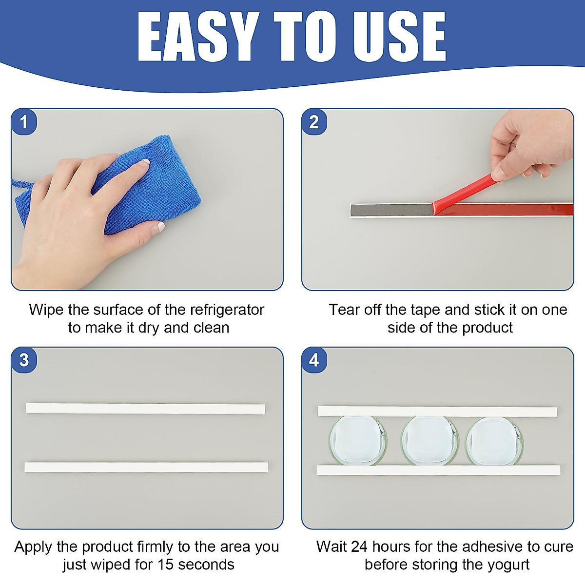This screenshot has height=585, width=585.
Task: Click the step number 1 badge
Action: (23, 122)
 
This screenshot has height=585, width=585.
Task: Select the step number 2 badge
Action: (314, 122)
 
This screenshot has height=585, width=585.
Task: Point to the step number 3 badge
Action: (23, 360)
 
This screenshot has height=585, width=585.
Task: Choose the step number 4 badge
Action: (314, 360)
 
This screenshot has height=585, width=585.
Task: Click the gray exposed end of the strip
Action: (390, 211)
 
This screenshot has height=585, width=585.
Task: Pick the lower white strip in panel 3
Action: (146, 467)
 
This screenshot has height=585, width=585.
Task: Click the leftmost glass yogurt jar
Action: (357, 441)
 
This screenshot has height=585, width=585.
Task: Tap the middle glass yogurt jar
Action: (429, 441)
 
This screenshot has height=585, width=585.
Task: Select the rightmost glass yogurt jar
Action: (494, 441)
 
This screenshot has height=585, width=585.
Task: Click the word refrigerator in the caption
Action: (227, 310)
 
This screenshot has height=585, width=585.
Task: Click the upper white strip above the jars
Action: (437, 411)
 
